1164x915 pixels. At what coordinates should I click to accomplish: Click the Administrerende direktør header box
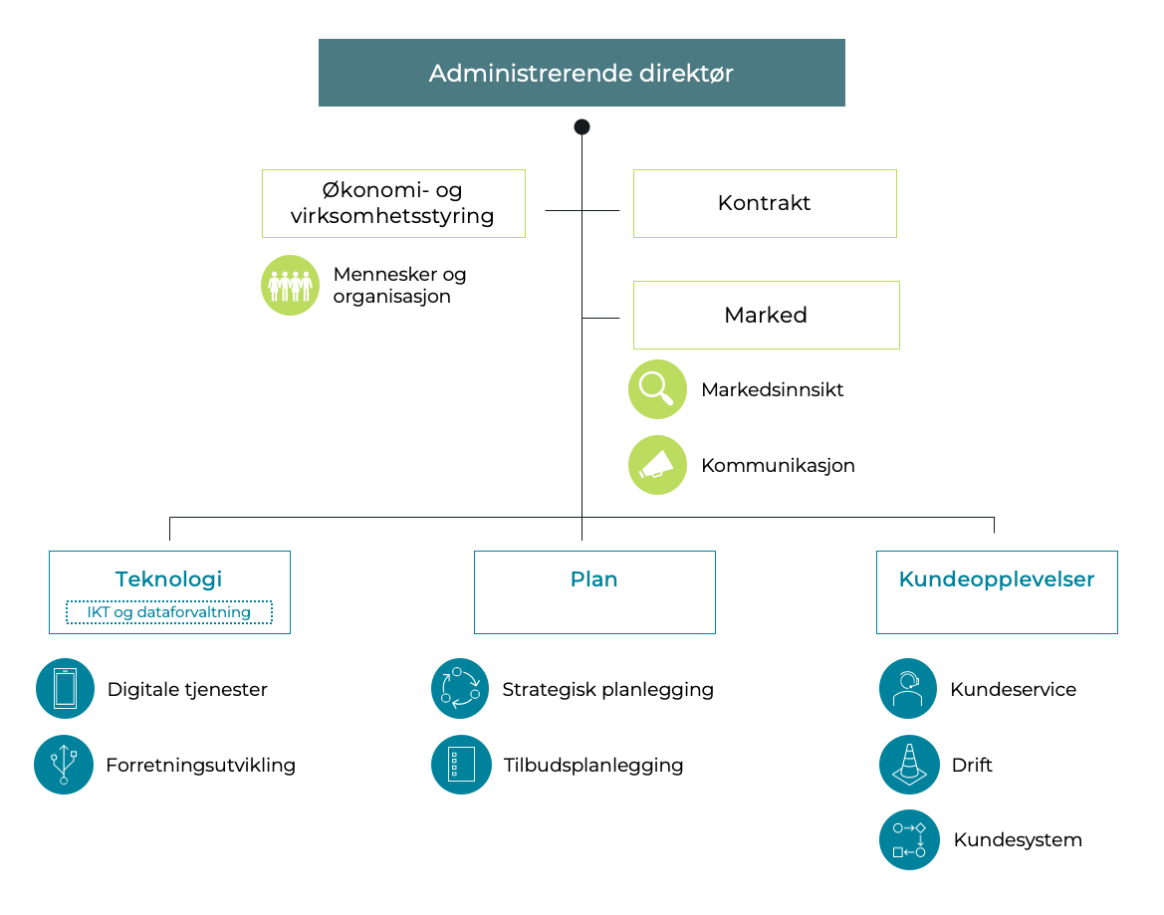pyautogui.click(x=582, y=73)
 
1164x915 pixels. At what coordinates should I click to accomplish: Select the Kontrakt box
pyautogui.click(x=765, y=203)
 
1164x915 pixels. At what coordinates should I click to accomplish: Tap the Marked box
pyautogui.click(x=766, y=315)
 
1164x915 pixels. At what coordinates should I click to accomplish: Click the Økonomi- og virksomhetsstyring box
pyautogui.click(x=393, y=203)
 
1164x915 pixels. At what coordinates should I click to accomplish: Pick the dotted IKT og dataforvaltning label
pyautogui.click(x=169, y=612)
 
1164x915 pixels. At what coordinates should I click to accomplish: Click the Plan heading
pyautogui.click(x=594, y=579)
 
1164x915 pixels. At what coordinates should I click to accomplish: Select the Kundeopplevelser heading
pyautogui.click(x=997, y=579)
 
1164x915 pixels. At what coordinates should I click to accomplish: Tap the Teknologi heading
pyautogui.click(x=169, y=579)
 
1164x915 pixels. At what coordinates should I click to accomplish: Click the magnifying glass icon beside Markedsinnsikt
pyautogui.click(x=657, y=389)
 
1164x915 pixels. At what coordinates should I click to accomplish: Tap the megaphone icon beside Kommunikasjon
pyautogui.click(x=657, y=465)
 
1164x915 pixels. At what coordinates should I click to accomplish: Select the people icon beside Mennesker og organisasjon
pyautogui.click(x=291, y=285)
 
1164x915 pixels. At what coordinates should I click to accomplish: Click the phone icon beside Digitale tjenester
pyautogui.click(x=65, y=688)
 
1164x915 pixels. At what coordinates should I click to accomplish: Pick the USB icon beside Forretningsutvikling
pyautogui.click(x=64, y=765)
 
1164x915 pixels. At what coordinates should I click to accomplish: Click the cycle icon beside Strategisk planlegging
pyautogui.click(x=460, y=688)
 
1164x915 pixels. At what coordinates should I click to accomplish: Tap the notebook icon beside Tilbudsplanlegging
pyautogui.click(x=461, y=765)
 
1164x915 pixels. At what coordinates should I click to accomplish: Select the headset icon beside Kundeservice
pyautogui.click(x=908, y=688)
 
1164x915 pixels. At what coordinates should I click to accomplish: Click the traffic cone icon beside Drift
pyautogui.click(x=908, y=765)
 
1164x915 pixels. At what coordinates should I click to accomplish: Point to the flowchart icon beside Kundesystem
pyautogui.click(x=909, y=839)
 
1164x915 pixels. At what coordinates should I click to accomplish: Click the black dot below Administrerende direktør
pyautogui.click(x=582, y=126)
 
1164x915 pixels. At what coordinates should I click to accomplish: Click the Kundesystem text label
pyautogui.click(x=1018, y=839)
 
